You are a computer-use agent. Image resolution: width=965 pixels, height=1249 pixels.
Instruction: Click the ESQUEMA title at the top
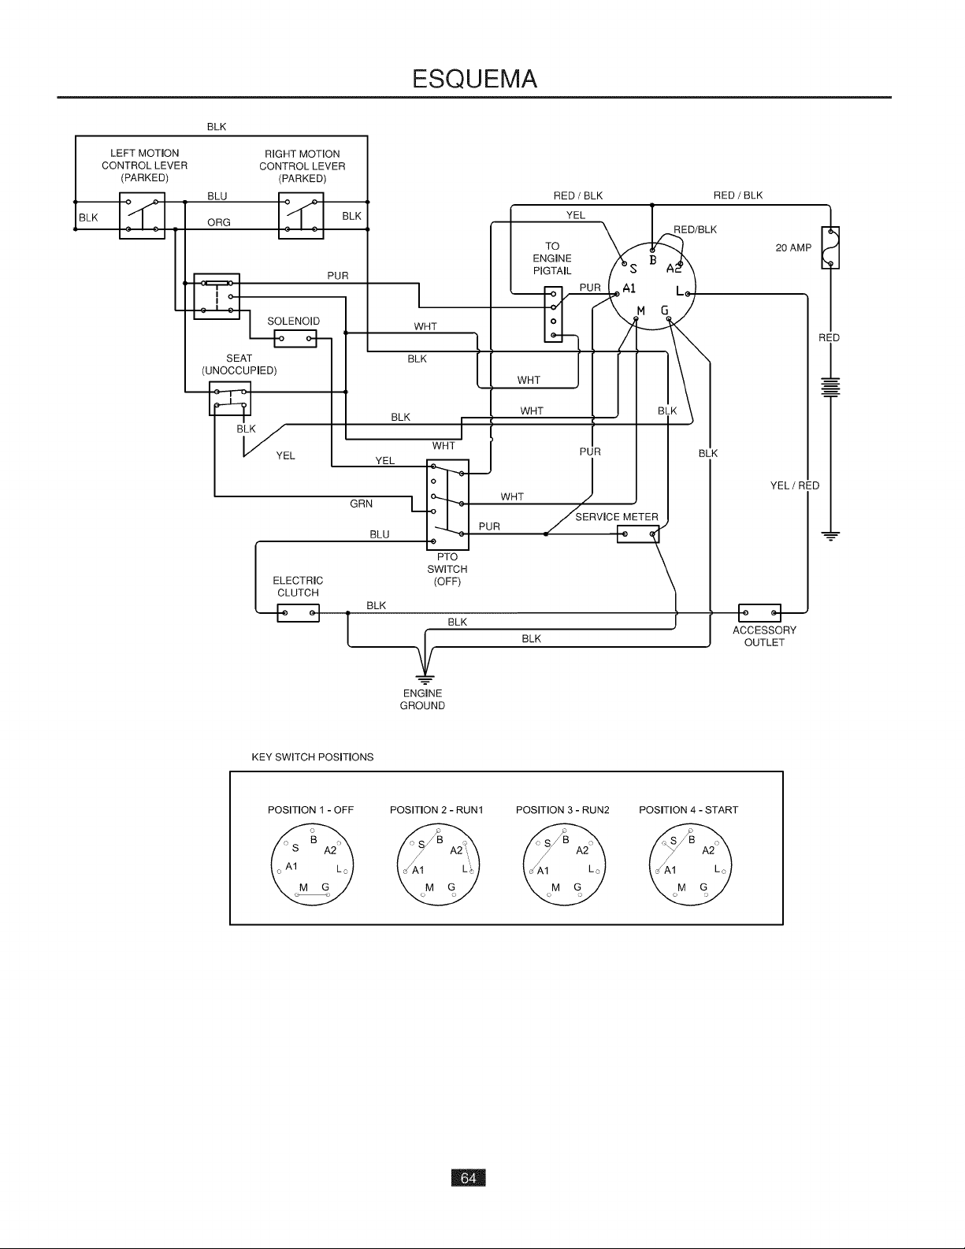pos(474,79)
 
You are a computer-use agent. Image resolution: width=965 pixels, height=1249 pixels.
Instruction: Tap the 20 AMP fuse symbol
pos(830,247)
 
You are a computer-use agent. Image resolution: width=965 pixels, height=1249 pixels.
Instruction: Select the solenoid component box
pos(295,339)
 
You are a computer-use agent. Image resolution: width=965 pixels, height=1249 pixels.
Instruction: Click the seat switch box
pos(230,398)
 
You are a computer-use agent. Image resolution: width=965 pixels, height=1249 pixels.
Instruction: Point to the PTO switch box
pos(447,504)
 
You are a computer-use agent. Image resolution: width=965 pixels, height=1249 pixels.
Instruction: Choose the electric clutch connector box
pos(298,613)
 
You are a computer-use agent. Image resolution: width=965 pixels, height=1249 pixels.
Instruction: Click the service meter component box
pos(638,534)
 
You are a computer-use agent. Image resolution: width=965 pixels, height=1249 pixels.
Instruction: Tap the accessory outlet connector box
pos(759,613)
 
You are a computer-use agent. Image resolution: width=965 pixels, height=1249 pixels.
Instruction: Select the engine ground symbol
pos(425,678)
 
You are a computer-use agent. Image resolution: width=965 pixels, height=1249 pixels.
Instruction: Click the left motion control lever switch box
pos(142,216)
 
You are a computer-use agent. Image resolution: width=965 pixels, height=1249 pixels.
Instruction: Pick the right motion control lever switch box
pos(301,216)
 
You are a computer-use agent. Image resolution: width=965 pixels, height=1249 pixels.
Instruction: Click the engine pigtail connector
pos(553,314)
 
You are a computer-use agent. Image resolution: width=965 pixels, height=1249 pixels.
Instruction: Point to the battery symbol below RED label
pos(830,388)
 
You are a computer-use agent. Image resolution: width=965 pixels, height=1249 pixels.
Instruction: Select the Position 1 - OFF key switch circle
pos(312,865)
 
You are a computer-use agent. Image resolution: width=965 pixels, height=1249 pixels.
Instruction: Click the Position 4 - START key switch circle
pos(690,865)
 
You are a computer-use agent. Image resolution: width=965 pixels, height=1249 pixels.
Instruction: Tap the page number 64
pos(468,1178)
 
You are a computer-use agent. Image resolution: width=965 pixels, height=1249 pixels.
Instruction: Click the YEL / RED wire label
pos(794,485)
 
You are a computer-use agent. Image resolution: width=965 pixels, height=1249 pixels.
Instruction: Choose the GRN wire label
pos(362,504)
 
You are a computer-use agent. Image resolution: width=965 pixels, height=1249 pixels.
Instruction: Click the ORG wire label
pos(219,222)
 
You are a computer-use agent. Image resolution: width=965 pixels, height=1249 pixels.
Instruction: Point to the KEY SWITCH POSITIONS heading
pos(313,757)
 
